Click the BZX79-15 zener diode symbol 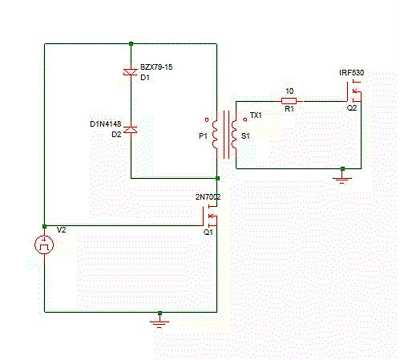click(x=131, y=72)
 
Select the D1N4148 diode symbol click(x=131, y=129)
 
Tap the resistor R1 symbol click(x=289, y=102)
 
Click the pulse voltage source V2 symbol click(x=45, y=245)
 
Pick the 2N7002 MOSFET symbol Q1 click(x=211, y=217)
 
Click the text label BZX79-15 click(x=156, y=67)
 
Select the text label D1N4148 click(x=105, y=124)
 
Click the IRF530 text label click(x=352, y=73)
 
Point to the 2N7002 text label click(x=208, y=196)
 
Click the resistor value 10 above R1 click(x=289, y=91)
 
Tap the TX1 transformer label click(x=256, y=115)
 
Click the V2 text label click(x=62, y=230)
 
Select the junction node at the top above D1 click(x=131, y=44)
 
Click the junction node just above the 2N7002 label click(x=218, y=178)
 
